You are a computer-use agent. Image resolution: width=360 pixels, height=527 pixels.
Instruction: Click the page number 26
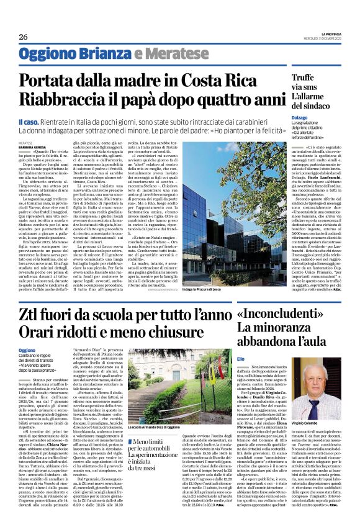(23, 37)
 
